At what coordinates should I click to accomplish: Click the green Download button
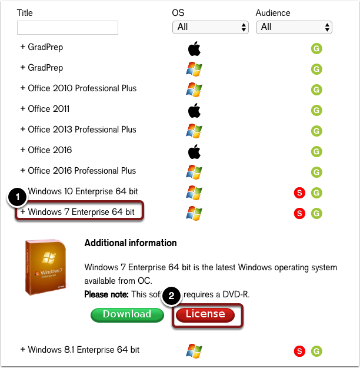pyautogui.click(x=126, y=314)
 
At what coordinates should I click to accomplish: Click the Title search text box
pyautogui.click(x=68, y=28)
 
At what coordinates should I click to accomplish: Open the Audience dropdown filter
pyautogui.click(x=294, y=27)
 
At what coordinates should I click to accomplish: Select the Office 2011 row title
pyautogui.click(x=48, y=109)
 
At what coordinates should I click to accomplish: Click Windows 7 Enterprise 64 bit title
pyautogui.click(x=81, y=212)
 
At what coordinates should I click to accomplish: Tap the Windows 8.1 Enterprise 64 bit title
pyautogui.click(x=84, y=350)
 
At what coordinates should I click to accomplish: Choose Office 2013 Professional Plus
pyautogui.click(x=82, y=130)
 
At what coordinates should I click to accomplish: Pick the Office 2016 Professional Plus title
pyautogui.click(x=82, y=171)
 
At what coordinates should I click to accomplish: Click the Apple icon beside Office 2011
pyautogui.click(x=194, y=110)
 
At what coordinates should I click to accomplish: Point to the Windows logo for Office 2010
pyautogui.click(x=194, y=89)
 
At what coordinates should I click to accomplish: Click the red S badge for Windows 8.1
pyautogui.click(x=300, y=352)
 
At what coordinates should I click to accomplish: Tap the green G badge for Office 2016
pyautogui.click(x=316, y=151)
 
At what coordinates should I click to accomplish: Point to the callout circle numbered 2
pyautogui.click(x=171, y=297)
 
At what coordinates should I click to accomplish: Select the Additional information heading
pyautogui.click(x=131, y=243)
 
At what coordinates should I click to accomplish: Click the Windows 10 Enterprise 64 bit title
pyautogui.click(x=83, y=191)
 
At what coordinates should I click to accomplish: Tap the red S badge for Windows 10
pyautogui.click(x=300, y=193)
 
